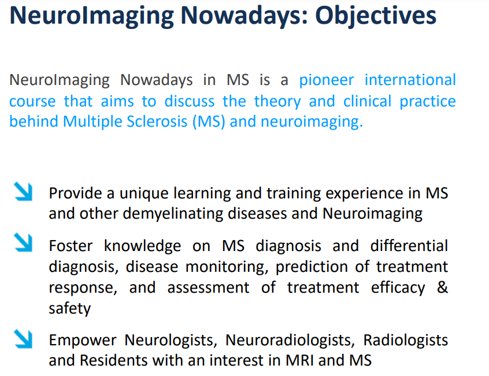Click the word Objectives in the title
tap(376, 16)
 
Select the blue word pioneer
tap(326, 80)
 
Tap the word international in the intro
tap(410, 80)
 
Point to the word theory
tap(277, 102)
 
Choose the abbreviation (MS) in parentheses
tap(209, 121)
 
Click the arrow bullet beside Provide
tap(23, 191)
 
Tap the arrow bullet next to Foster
tap(23, 242)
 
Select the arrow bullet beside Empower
tap(23, 339)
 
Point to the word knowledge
tap(142, 246)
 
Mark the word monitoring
tap(227, 267)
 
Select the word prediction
tap(312, 267)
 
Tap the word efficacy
tap(398, 287)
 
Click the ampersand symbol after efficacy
tap(442, 287)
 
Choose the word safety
tap(69, 308)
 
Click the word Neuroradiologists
tap(290, 341)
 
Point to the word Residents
tap(113, 360)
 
